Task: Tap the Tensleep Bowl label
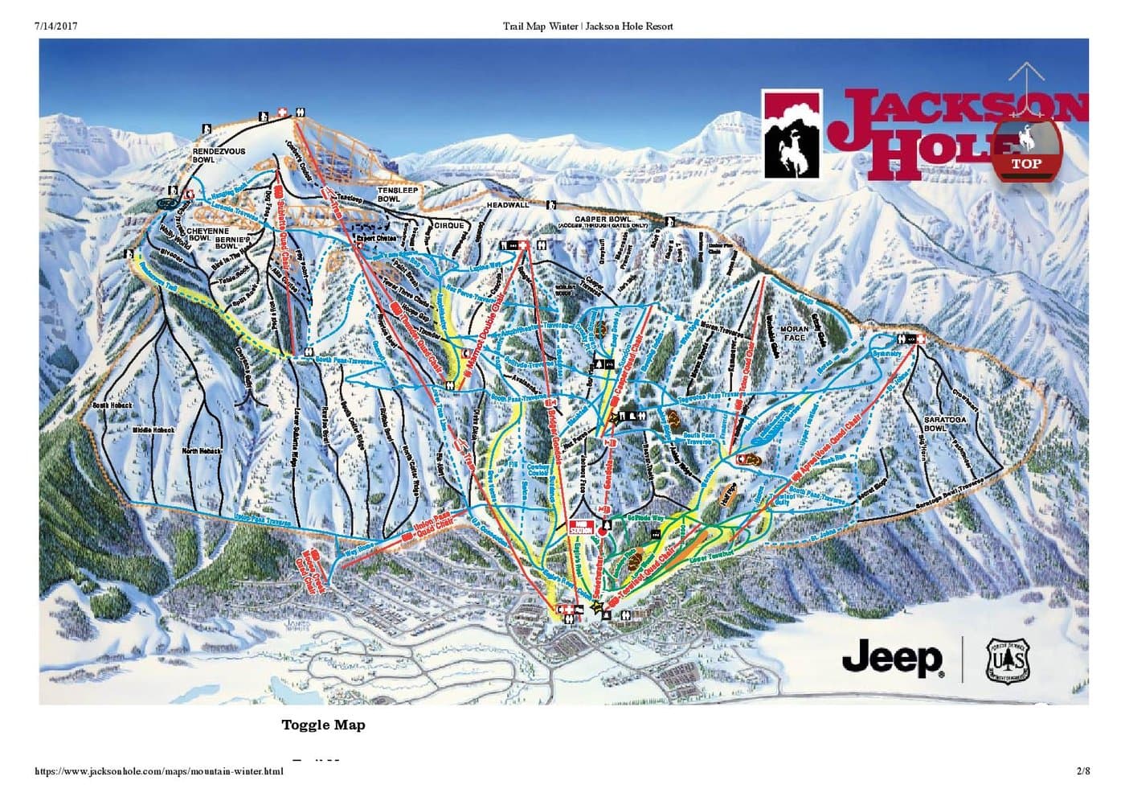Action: (x=389, y=195)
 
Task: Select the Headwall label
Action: (x=508, y=205)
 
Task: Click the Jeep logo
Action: (x=893, y=658)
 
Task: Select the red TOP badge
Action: (x=1026, y=163)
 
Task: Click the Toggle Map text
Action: (x=323, y=725)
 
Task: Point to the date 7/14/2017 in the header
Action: (x=56, y=27)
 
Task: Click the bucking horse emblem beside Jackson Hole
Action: (x=792, y=134)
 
